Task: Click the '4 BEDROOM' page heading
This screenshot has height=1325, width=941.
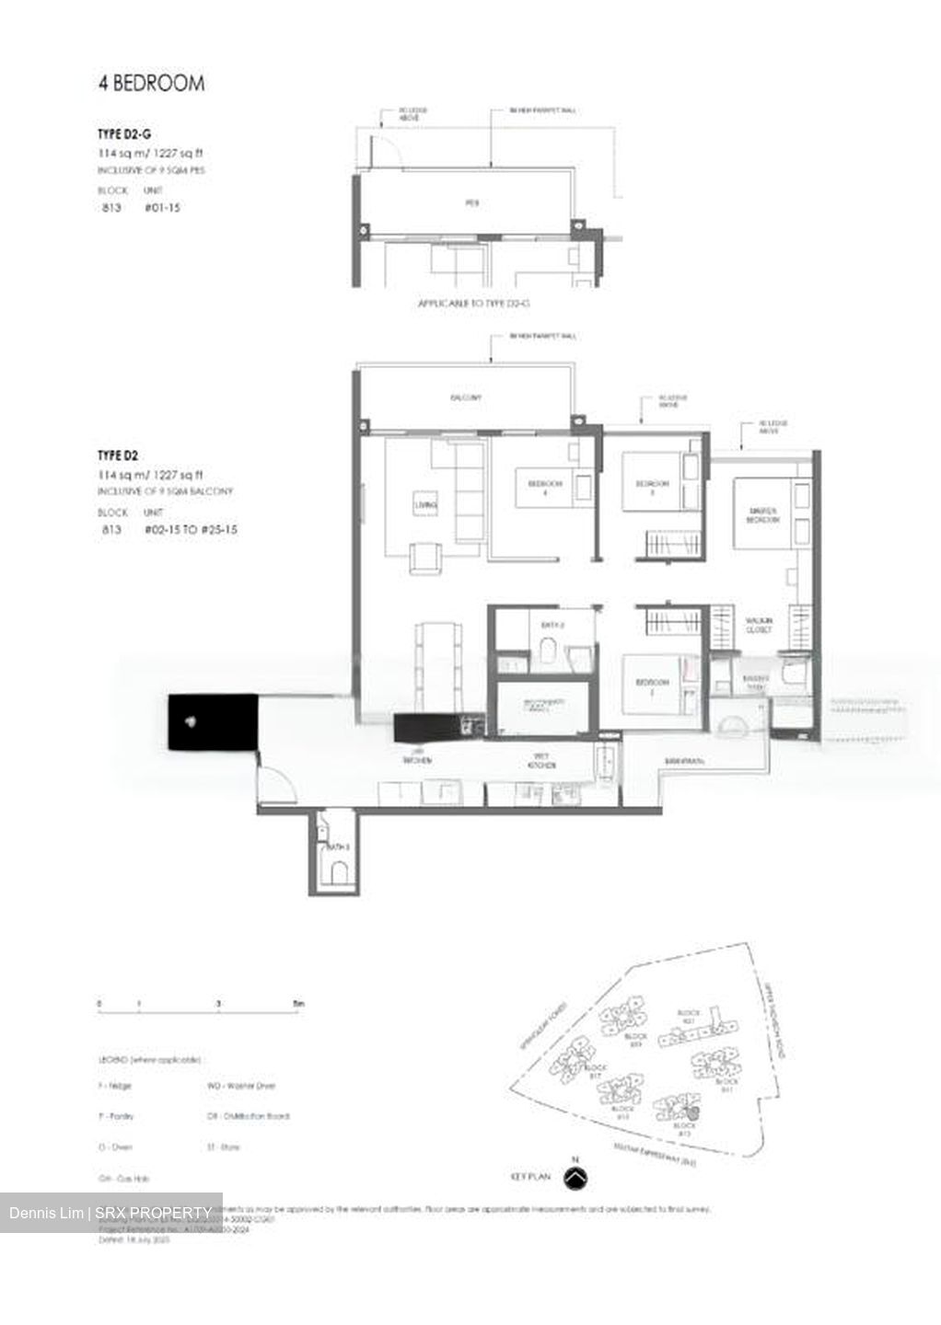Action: [x=151, y=84]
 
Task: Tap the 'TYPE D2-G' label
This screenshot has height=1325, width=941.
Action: [x=124, y=134]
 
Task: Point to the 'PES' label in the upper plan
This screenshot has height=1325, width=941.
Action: [x=471, y=203]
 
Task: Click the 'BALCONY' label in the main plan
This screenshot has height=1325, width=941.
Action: [x=466, y=397]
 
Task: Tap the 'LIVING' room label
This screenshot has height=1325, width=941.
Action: [x=425, y=505]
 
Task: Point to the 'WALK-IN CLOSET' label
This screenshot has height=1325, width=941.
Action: [x=759, y=626]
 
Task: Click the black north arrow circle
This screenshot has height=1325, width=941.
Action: [x=575, y=1178]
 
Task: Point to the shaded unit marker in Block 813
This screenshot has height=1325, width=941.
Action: [x=692, y=1114]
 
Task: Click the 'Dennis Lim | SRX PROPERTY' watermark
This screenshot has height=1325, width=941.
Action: [x=110, y=1213]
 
